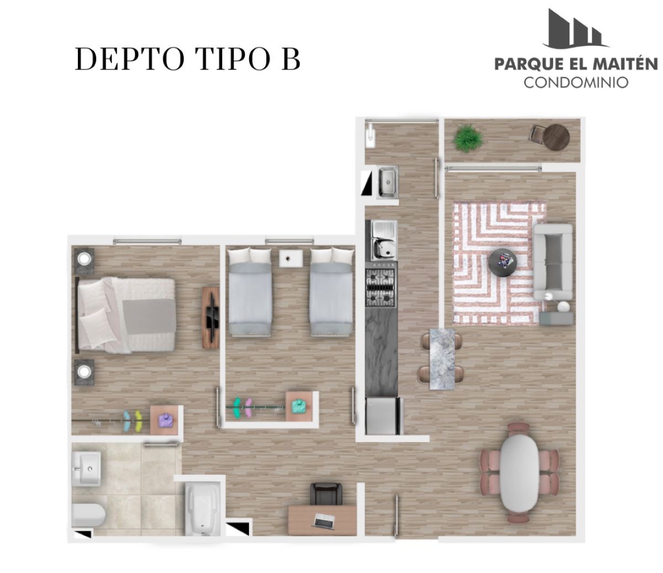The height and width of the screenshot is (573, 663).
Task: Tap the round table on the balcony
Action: point(557,137)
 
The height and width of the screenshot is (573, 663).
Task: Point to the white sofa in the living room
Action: point(553,262)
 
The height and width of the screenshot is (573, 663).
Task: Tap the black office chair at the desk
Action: point(326,495)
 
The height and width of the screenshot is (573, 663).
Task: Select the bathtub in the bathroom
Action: point(203,510)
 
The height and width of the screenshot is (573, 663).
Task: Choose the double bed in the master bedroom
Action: point(126,315)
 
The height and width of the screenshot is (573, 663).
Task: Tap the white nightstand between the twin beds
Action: point(291,258)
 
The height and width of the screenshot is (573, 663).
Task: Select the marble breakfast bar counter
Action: point(443,359)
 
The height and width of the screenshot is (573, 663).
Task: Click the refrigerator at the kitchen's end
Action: point(383,416)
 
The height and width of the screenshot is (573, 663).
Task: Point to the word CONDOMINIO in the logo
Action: point(576,83)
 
